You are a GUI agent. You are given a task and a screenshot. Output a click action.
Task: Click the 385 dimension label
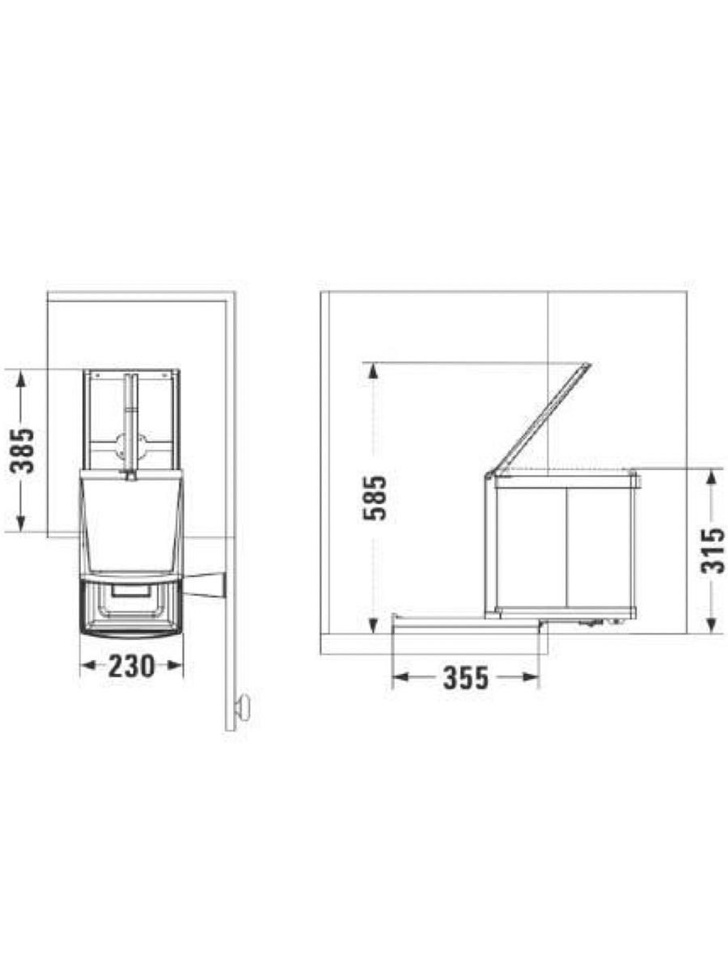pos(22,451)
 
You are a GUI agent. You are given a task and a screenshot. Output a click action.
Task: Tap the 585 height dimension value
pos(375,498)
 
